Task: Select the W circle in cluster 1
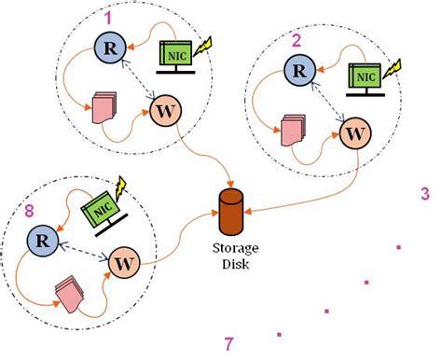pos(163,114)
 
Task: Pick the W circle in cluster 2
pos(354,134)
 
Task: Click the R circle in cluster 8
pos(40,240)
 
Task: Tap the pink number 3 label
pos(424,194)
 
